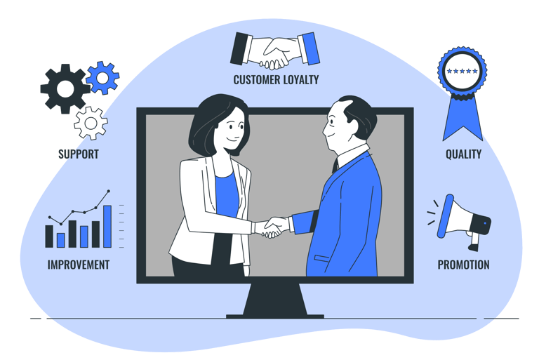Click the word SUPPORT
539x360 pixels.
point(78,154)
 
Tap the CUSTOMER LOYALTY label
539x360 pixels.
point(276,79)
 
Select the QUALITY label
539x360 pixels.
point(463,154)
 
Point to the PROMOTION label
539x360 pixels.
point(463,265)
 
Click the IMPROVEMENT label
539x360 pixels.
point(78,265)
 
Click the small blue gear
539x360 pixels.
point(103,77)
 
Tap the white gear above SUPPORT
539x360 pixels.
point(91,124)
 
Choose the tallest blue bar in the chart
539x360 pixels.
point(107,226)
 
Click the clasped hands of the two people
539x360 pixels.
point(272,227)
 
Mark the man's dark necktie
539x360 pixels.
point(335,167)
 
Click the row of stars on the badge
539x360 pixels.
point(463,71)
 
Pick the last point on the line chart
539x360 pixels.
point(108,191)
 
